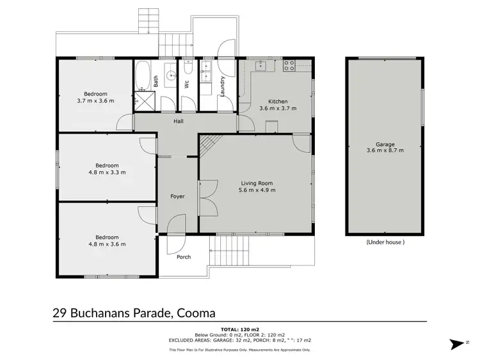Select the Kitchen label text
tap(278, 102)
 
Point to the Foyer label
tap(177, 196)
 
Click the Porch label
tap(184, 258)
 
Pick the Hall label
tap(179, 121)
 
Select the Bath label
tap(156, 82)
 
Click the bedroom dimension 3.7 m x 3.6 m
tap(95, 101)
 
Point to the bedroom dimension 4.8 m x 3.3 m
tap(106, 171)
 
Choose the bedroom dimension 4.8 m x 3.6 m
tap(106, 244)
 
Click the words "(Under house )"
tap(385, 242)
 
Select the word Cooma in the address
tap(195, 313)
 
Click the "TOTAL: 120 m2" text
tap(240, 328)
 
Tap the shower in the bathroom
tap(141, 101)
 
